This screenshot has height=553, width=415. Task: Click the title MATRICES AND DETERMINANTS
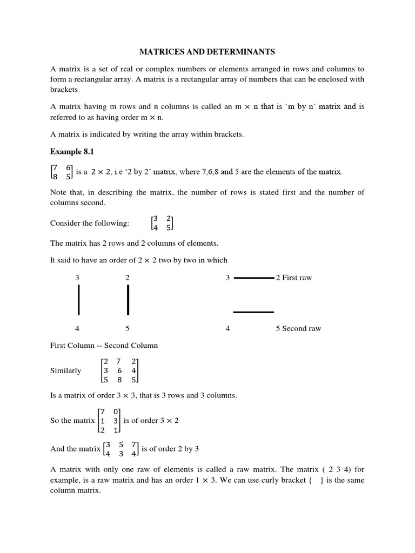(207, 52)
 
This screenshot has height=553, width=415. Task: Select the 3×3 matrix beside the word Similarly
(119, 370)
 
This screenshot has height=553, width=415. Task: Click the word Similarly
(65, 370)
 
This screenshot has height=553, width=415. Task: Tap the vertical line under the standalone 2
(128, 300)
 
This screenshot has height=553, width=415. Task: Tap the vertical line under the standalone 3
(79, 300)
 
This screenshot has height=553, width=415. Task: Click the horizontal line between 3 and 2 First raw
(253, 278)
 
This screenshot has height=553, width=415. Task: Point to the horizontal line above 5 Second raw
(253, 312)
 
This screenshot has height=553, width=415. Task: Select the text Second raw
(301, 328)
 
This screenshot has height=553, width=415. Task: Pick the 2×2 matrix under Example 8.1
(61, 172)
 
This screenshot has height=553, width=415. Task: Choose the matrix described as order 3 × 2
(109, 421)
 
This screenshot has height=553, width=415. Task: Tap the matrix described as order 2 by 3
(121, 449)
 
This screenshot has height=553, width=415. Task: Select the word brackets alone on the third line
(64, 89)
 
